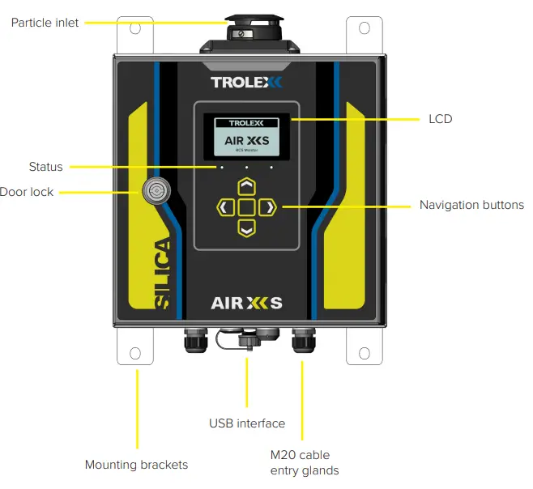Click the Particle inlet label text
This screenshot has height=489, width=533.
click(45, 23)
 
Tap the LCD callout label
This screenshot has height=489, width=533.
click(440, 119)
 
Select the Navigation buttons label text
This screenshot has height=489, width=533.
click(471, 205)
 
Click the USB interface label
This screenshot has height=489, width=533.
click(247, 423)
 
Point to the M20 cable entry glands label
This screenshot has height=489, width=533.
click(304, 462)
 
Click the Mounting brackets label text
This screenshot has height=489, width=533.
click(136, 465)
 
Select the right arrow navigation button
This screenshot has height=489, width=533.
click(268, 208)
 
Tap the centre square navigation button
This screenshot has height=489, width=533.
click(246, 208)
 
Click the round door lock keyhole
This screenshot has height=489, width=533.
click(152, 191)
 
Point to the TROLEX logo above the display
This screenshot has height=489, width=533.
click(247, 82)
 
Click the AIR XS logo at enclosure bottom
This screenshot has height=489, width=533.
click(246, 304)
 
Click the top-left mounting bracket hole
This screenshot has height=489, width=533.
click(135, 28)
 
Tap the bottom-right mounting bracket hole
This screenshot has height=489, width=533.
click(358, 353)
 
